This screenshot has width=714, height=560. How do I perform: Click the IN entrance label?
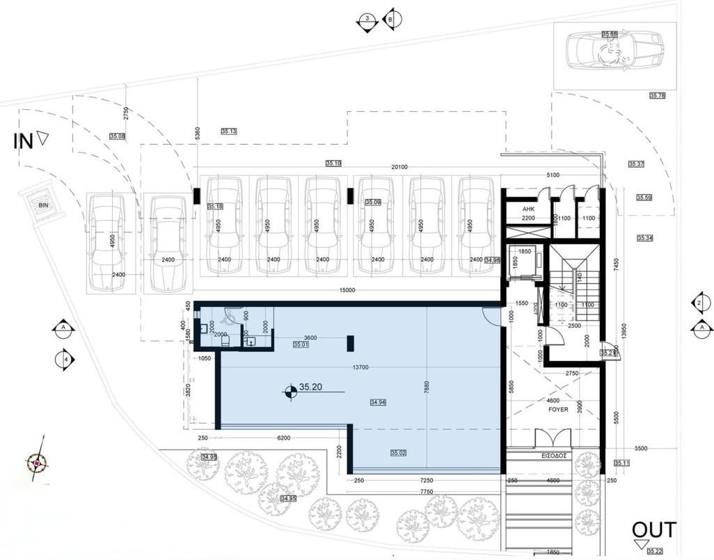tap(24, 141)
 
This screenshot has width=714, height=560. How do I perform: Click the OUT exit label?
tap(653, 530)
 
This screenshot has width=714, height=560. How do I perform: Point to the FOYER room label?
tap(558, 410)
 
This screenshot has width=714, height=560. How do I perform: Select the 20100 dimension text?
tap(399, 167)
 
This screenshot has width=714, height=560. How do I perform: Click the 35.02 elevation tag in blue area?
tap(398, 453)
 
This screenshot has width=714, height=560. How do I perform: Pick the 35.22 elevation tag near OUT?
tap(655, 552)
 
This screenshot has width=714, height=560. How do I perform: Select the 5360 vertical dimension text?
tap(198, 134)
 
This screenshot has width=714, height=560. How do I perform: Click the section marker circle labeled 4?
tap(65, 359)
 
